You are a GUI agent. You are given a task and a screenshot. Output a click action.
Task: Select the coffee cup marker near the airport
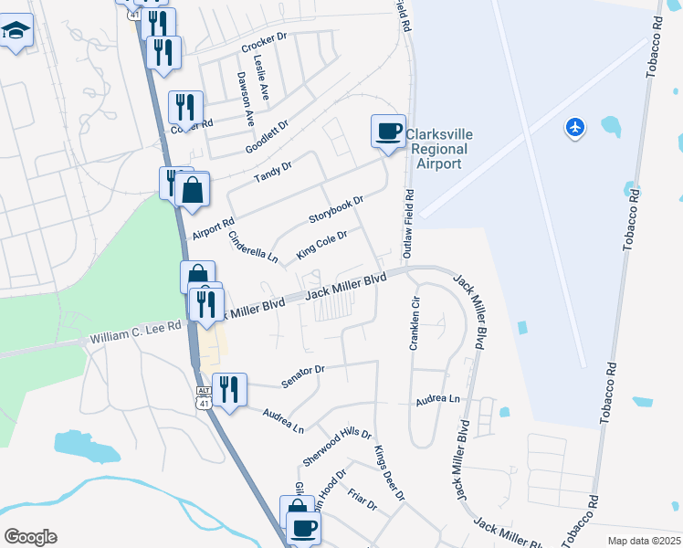388,131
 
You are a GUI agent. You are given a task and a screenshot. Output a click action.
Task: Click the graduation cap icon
15,32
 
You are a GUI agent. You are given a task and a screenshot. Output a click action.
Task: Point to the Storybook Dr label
336,208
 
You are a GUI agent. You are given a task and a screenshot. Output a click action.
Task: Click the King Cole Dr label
322,245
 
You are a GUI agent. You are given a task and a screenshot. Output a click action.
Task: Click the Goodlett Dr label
267,137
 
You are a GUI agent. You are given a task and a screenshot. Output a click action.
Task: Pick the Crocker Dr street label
264,47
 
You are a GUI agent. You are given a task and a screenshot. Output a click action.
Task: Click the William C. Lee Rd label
136,339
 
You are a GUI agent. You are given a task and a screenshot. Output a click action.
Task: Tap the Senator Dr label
303,375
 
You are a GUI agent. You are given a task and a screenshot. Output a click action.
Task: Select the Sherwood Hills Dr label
338,448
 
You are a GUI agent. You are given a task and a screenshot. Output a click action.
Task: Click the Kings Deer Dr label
389,473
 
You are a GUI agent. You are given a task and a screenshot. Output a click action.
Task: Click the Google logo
30,537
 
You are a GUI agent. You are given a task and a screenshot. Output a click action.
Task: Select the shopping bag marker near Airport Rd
193,191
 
